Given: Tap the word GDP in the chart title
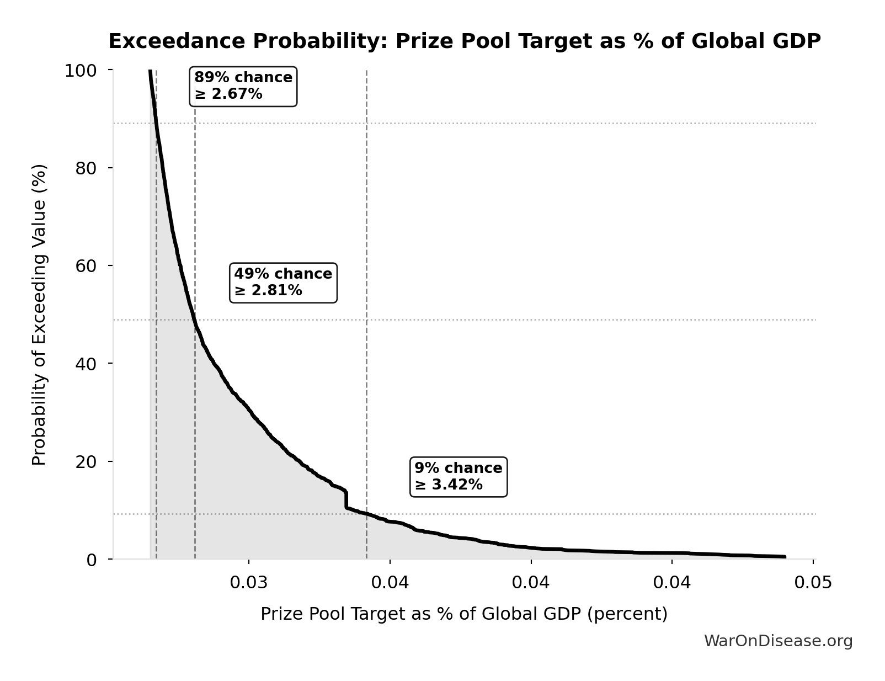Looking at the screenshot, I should click(x=795, y=41).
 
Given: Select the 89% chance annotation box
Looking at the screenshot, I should click(x=243, y=86).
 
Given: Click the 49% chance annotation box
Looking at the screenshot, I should click(x=283, y=283).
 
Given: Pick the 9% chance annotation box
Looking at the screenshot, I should click(x=459, y=477).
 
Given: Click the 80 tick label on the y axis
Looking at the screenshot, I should click(x=86, y=168).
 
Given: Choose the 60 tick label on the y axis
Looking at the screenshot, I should click(x=86, y=266).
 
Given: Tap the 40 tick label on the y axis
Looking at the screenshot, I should click(x=86, y=364).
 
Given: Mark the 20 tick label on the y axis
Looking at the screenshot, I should click(x=86, y=461).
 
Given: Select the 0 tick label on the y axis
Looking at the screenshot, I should click(x=92, y=560).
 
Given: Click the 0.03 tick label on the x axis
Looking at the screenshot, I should click(x=249, y=582).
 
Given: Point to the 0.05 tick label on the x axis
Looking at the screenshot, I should click(x=813, y=582).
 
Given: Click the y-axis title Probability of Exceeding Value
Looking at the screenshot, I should click(x=39, y=315).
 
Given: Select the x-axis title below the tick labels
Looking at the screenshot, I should click(x=464, y=614).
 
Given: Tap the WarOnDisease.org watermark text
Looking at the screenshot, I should click(x=778, y=641).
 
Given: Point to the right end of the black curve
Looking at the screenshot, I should click(x=784, y=557).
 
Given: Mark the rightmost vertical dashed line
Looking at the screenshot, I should click(x=366, y=276).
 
